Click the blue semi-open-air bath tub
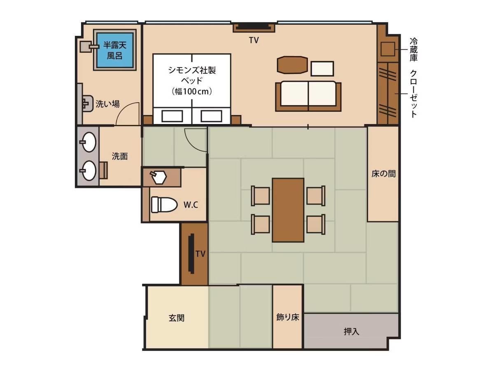point(115,50)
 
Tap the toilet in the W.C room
point(163,204)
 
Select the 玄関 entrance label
point(177,318)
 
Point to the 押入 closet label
point(351,331)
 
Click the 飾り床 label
point(288,317)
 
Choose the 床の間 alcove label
point(383,174)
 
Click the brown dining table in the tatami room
point(288,210)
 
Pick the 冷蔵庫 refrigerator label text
point(413,49)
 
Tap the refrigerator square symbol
point(388,49)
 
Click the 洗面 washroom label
point(120,156)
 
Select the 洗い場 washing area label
point(107,104)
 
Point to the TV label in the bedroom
point(254,40)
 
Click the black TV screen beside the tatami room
point(192,254)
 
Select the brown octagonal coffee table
point(292,65)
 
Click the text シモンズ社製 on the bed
point(192,70)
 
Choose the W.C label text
point(191,205)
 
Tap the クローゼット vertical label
point(413,94)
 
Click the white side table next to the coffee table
point(322,69)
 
